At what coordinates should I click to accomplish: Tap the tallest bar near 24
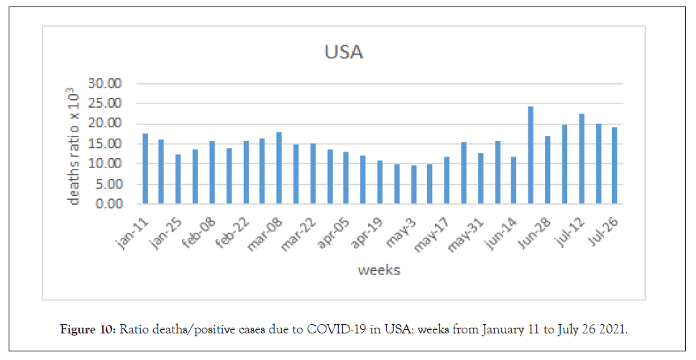click(x=531, y=155)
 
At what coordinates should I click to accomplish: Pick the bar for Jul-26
click(x=615, y=166)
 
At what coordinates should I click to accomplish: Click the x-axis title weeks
click(x=379, y=270)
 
